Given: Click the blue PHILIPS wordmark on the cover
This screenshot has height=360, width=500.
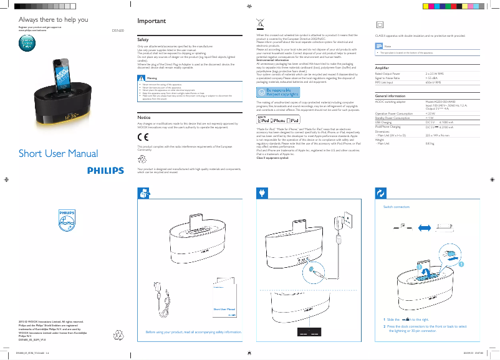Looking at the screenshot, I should [106, 169].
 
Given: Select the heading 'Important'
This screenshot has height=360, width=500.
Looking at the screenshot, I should [151, 21].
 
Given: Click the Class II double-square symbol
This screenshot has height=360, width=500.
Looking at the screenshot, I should [379, 24].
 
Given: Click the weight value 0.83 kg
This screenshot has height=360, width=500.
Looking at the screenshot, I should [429, 144].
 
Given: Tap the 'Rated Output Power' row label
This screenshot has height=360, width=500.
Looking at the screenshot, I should [388, 73].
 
